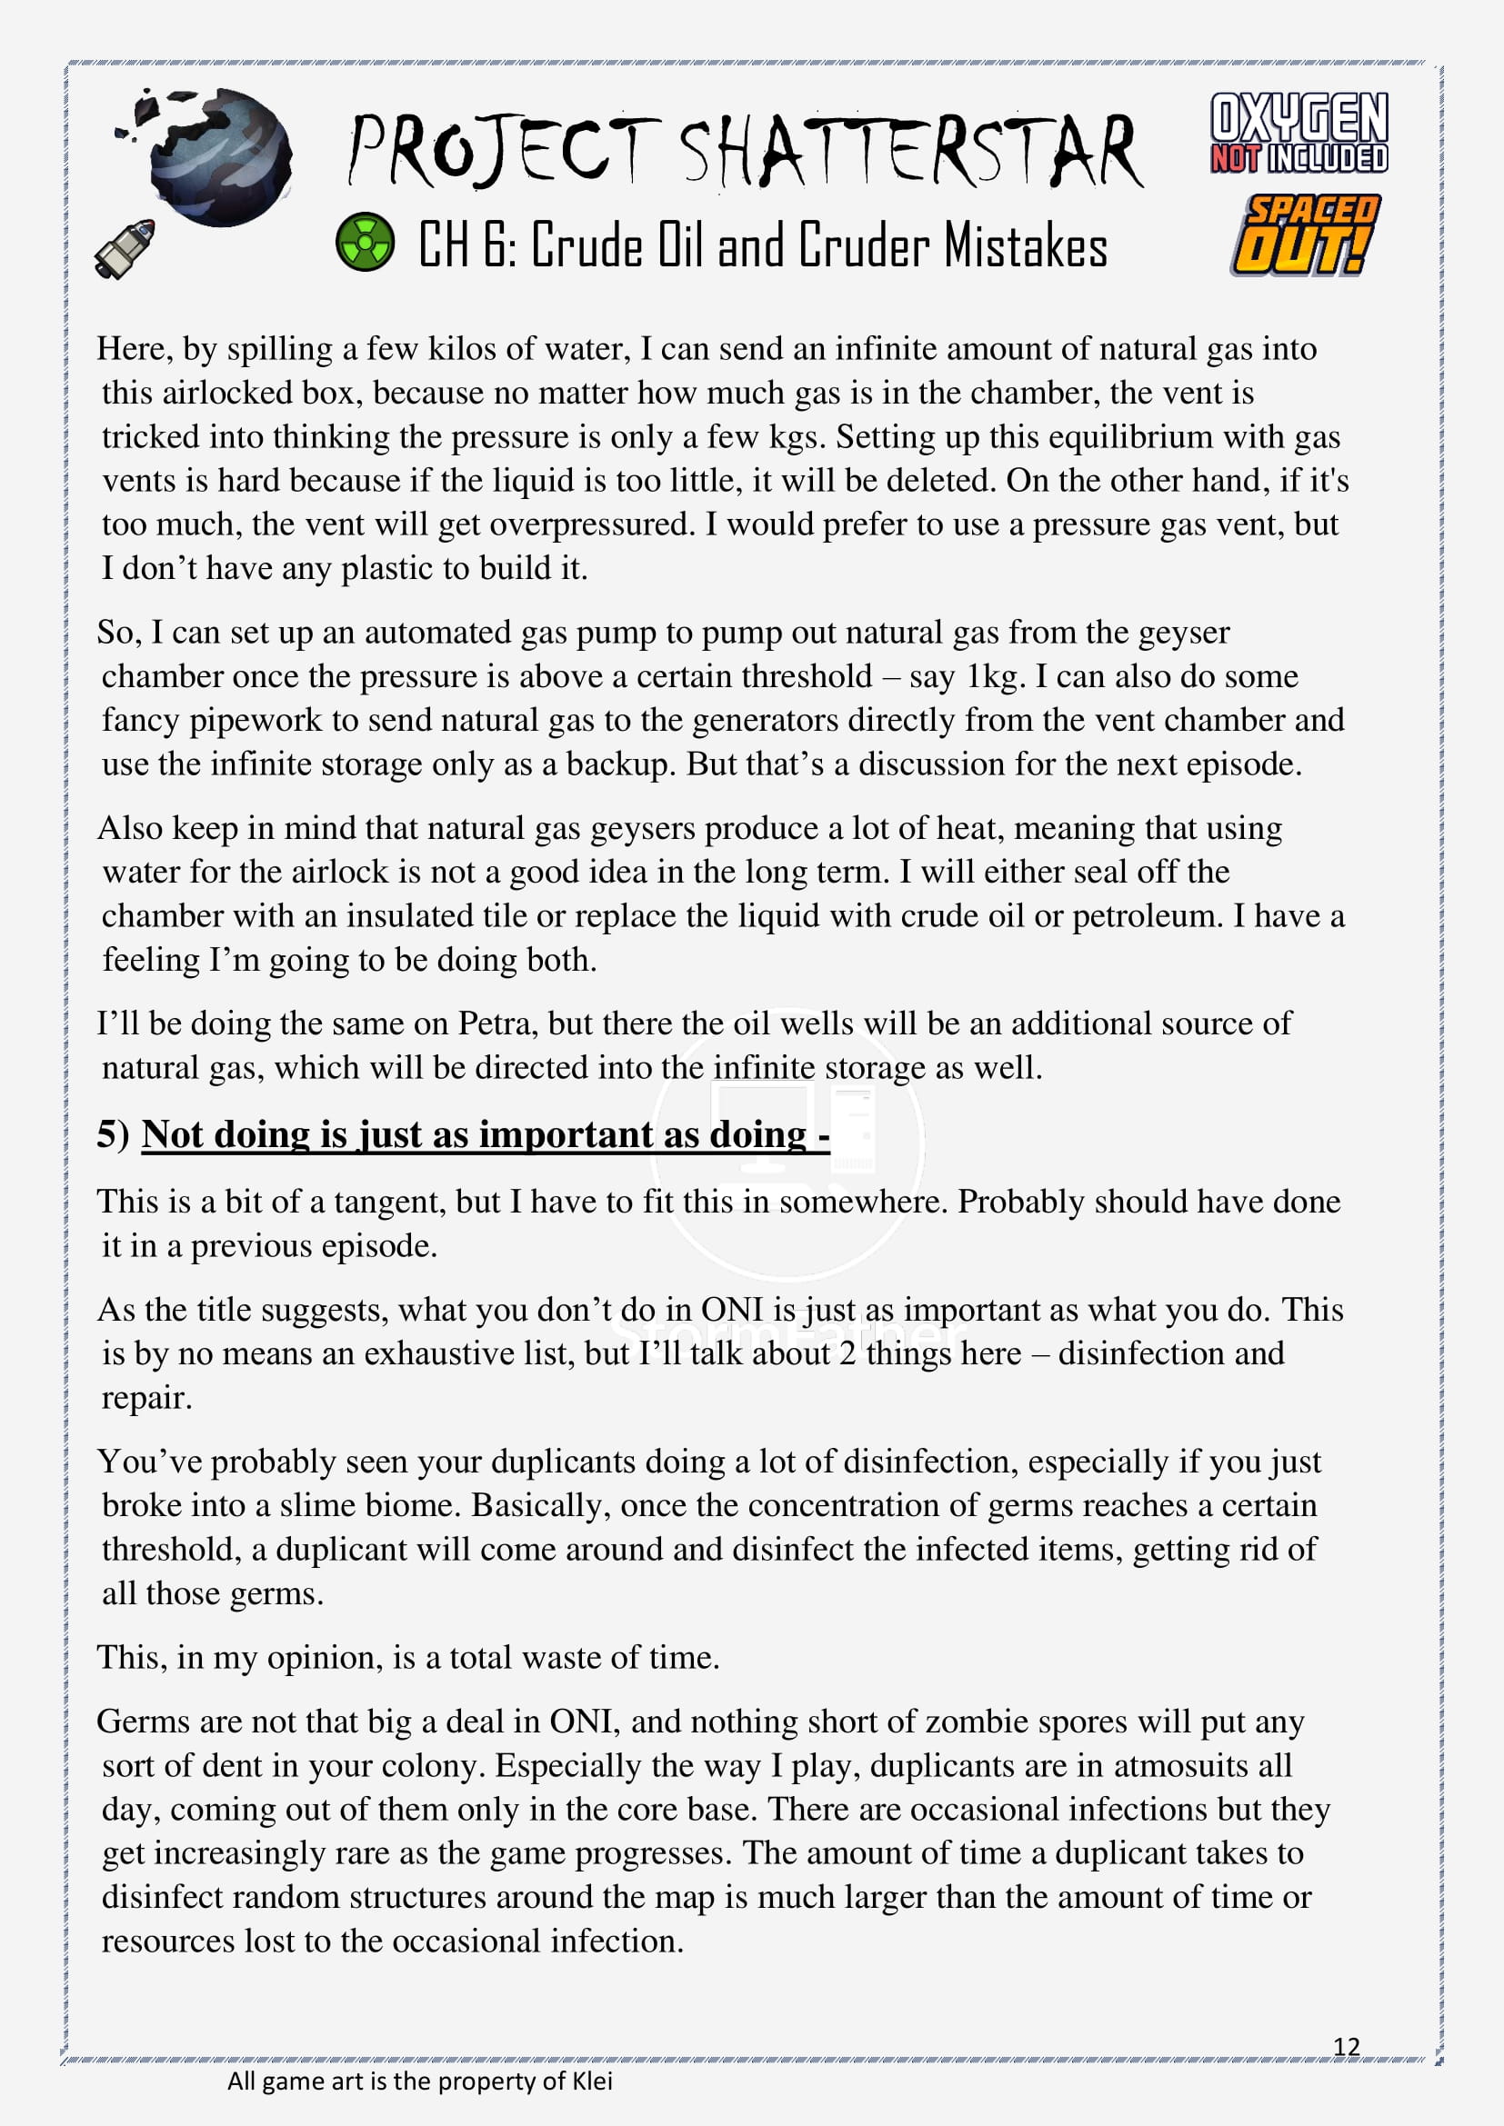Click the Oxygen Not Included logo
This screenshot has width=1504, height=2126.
[1298, 133]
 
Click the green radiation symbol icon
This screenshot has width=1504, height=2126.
[365, 242]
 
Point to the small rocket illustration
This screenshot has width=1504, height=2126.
[125, 248]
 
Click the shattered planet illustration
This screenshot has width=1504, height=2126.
[216, 155]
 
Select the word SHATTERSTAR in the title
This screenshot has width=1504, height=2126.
[911, 150]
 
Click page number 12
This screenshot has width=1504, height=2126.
[1346, 2046]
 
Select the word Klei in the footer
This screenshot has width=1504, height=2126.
[592, 2081]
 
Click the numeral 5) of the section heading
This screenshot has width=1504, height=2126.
[113, 1134]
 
